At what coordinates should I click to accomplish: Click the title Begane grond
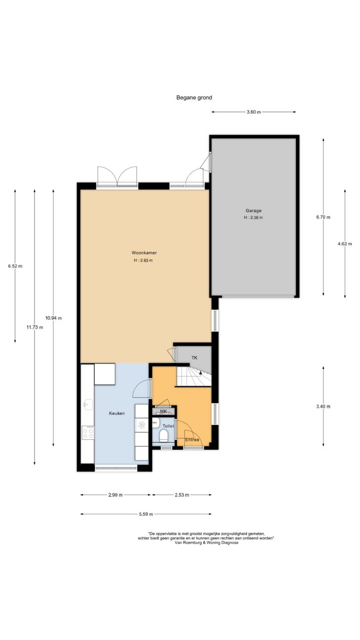click(194, 98)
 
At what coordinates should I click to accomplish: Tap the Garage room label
click(253, 211)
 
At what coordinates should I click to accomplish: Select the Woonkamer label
click(144, 252)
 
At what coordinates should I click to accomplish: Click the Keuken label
click(117, 413)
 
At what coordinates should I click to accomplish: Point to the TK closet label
click(194, 357)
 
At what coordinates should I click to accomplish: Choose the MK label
click(163, 411)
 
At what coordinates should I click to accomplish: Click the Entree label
click(192, 440)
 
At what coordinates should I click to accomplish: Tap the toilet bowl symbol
click(164, 436)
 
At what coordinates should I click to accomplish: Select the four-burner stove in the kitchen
click(88, 432)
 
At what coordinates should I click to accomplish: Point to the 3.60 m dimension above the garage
click(253, 112)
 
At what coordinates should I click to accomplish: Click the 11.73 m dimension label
click(35, 327)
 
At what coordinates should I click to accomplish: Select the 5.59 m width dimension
click(146, 514)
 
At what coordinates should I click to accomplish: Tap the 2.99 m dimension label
click(115, 495)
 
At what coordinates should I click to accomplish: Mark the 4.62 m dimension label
click(345, 244)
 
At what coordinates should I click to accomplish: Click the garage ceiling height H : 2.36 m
click(253, 217)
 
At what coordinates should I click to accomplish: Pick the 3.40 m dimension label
click(324, 407)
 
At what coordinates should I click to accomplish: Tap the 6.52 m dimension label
click(15, 266)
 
